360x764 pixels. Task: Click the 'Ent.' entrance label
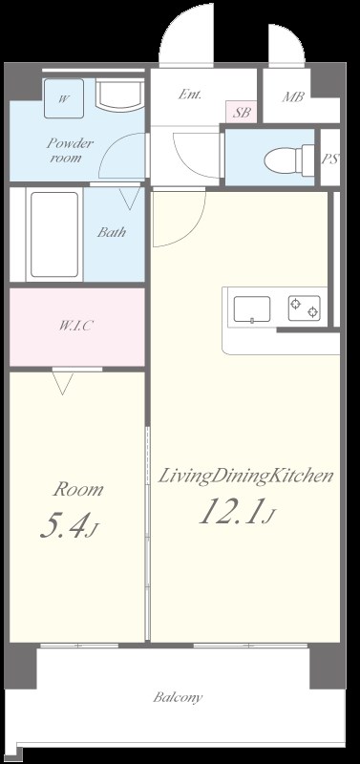click(x=188, y=95)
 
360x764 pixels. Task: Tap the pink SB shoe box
click(x=243, y=113)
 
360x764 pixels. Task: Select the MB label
click(x=293, y=96)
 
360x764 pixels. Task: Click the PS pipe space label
click(x=330, y=159)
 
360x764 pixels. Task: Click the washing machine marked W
click(x=63, y=96)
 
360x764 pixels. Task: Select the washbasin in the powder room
click(x=119, y=95)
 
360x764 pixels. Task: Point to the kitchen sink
click(x=252, y=308)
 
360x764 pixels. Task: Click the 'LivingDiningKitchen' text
click(x=245, y=475)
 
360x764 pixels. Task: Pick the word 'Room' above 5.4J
click(x=77, y=490)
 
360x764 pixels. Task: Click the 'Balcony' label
click(x=178, y=697)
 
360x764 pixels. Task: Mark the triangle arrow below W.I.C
click(x=64, y=384)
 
